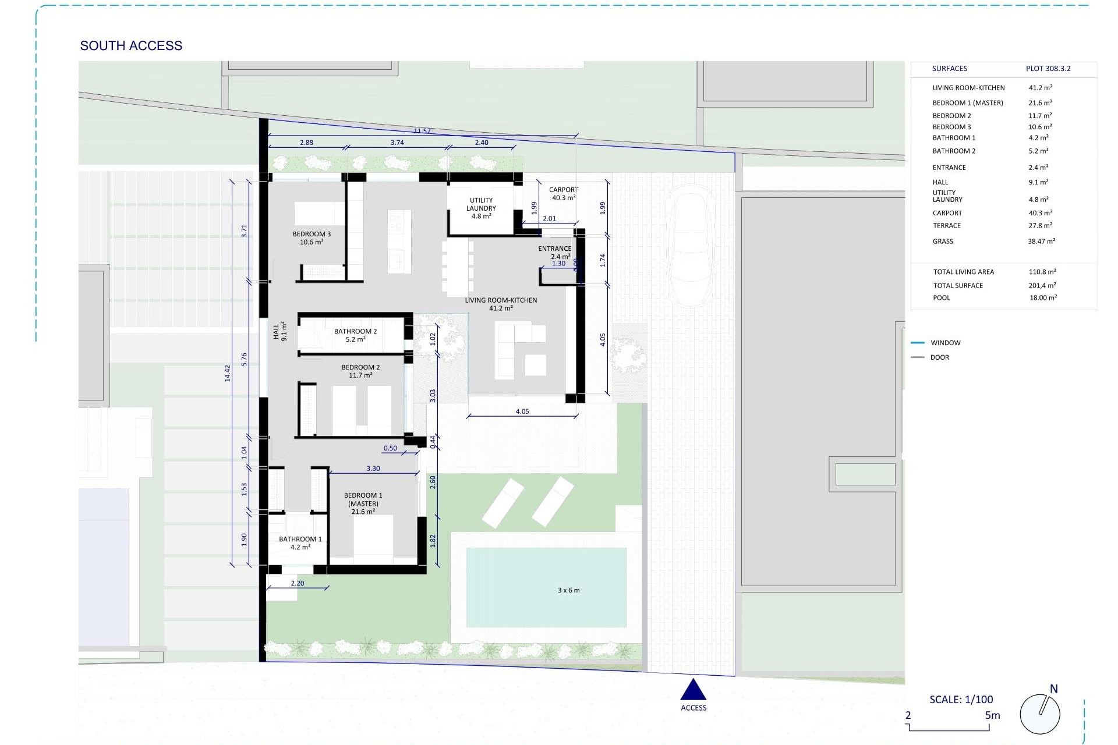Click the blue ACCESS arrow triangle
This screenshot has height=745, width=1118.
pyautogui.click(x=693, y=690)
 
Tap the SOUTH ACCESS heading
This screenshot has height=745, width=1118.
pyautogui.click(x=131, y=45)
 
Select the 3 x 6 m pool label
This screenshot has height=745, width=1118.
pyautogui.click(x=568, y=590)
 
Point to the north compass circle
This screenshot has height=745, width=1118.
pyautogui.click(x=1040, y=714)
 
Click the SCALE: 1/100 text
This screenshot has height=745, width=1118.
pyautogui.click(x=961, y=700)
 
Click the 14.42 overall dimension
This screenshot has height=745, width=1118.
pyautogui.click(x=228, y=373)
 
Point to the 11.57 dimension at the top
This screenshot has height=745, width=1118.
pyautogui.click(x=422, y=131)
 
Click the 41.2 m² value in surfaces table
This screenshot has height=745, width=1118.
pyautogui.click(x=1040, y=88)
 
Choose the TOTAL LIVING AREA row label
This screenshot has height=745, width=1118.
pyautogui.click(x=963, y=272)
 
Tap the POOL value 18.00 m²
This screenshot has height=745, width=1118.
pyautogui.click(x=1043, y=297)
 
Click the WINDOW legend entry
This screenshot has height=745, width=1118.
pyautogui.click(x=945, y=343)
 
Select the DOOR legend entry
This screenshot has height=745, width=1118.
pyautogui.click(x=939, y=357)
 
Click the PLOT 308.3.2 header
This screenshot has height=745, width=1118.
pyautogui.click(x=1048, y=69)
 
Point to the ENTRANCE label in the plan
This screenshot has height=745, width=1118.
pyautogui.click(x=554, y=249)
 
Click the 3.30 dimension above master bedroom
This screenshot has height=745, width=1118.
pyautogui.click(x=373, y=469)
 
